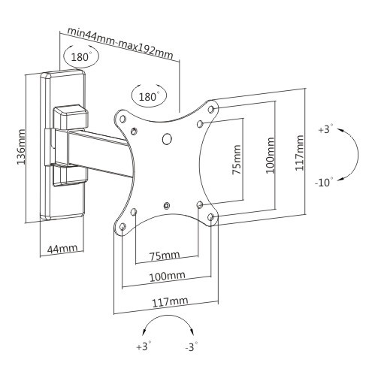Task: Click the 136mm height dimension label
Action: click(21, 147)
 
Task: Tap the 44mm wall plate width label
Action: click(62, 249)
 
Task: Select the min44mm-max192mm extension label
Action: click(120, 44)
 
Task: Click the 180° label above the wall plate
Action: click(80, 57)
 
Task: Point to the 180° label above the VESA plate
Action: click(148, 96)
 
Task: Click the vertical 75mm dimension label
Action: click(237, 159)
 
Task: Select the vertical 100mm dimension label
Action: click(270, 156)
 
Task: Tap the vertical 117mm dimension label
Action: click(299, 153)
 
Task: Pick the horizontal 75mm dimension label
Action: click(165, 256)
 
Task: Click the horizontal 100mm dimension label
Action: click(168, 277)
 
